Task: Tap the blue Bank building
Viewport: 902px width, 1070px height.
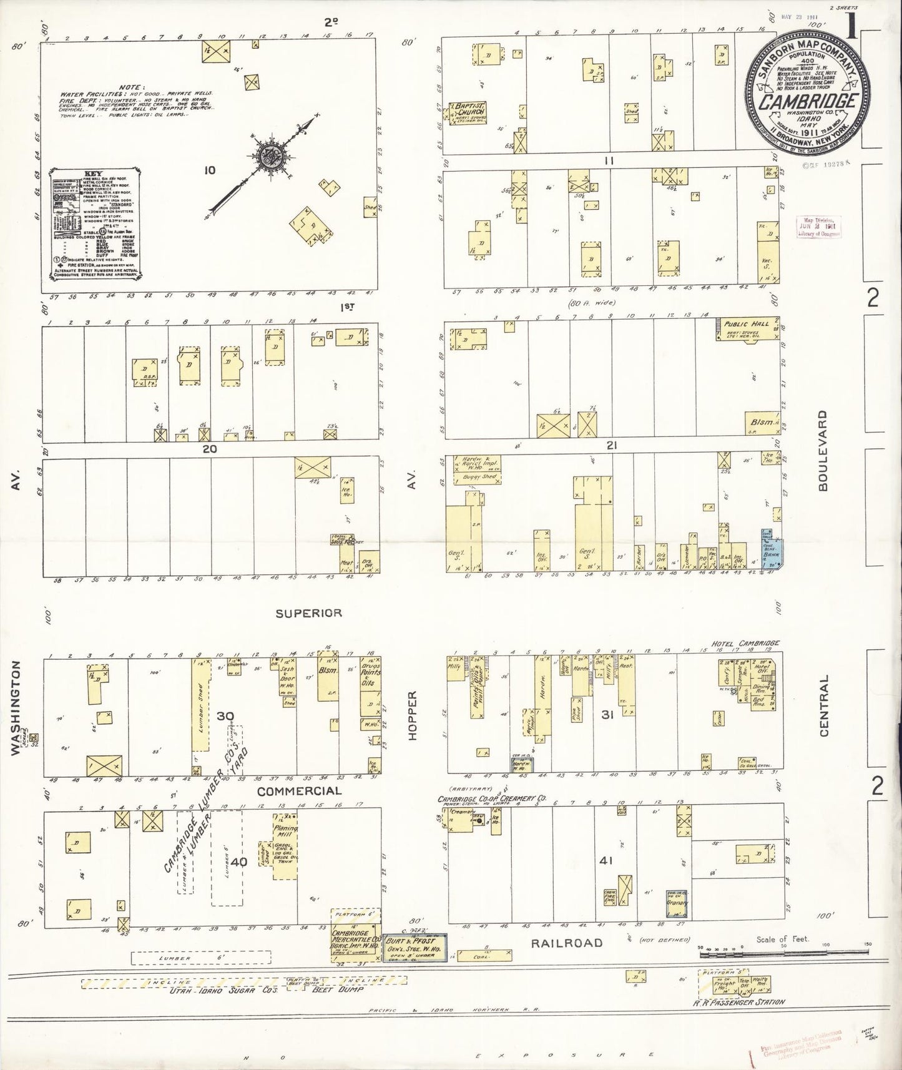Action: [771, 549]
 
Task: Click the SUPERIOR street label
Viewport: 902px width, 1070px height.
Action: [308, 613]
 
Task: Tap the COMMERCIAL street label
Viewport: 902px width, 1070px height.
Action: [299, 791]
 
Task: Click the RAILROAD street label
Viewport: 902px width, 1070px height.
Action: [567, 943]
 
